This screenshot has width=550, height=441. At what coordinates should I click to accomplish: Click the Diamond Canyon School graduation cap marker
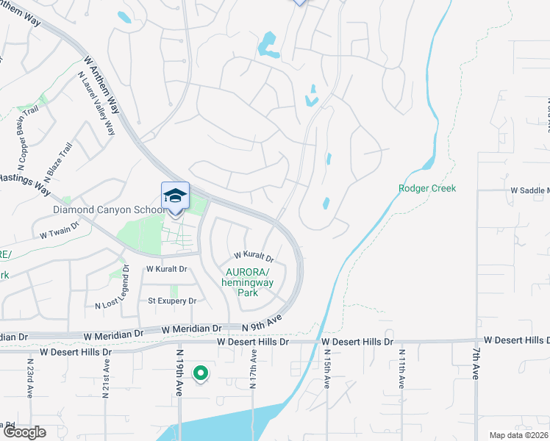coord(175,197)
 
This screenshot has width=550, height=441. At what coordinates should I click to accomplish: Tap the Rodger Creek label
coord(427,189)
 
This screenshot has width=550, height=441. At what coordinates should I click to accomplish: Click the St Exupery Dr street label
coord(172,301)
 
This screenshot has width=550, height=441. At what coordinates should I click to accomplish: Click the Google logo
coord(24,432)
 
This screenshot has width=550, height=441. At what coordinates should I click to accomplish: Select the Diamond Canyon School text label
coord(105,209)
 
